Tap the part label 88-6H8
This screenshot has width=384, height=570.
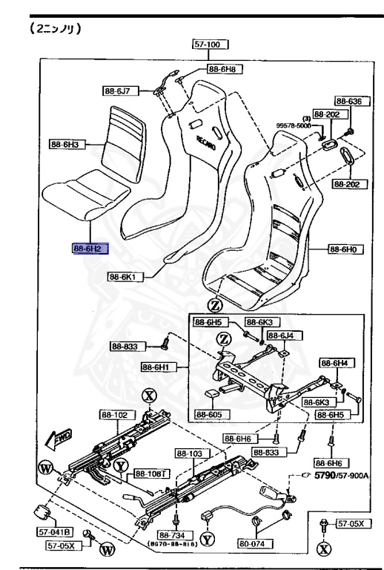click(x=228, y=69)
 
